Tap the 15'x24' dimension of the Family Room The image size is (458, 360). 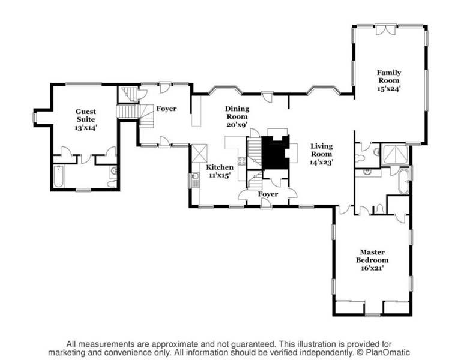click(388, 88)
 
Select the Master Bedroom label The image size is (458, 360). click(372, 256)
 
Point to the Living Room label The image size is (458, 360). click(321, 150)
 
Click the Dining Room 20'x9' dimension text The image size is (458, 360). click(237, 125)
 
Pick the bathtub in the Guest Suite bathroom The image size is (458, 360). click(59, 176)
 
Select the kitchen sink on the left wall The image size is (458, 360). click(195, 179)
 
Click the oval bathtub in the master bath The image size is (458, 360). click(403, 181)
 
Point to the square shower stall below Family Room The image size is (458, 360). click(394, 155)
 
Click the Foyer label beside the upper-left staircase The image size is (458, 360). click(166, 109)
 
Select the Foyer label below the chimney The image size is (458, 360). click(268, 194)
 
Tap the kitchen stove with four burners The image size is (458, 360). click(241, 161)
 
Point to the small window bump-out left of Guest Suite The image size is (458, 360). click(37, 118)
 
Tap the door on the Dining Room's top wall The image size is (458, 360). click(267, 95)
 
